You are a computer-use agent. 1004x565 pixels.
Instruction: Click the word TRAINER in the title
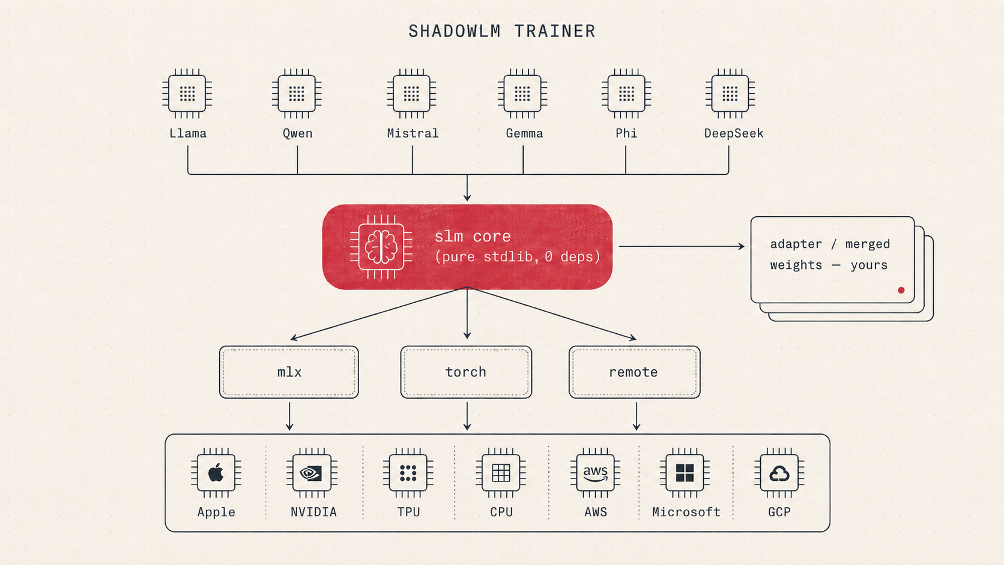555,31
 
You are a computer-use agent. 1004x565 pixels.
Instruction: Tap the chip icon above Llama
187,94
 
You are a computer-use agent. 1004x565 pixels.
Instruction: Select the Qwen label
298,133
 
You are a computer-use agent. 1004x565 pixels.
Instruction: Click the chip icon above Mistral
411,94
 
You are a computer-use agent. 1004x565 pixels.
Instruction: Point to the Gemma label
524,133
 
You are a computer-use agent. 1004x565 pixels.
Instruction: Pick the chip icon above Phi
626,94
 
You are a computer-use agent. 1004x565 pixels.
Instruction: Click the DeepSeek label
734,133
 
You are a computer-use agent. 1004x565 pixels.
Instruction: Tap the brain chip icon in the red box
381,247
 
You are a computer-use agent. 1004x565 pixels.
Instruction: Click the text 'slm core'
473,236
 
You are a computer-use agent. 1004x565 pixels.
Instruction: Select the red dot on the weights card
901,290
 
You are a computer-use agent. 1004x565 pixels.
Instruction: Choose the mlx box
289,372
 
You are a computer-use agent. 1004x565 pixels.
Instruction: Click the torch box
466,372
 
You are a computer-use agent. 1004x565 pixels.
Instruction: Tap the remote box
634,372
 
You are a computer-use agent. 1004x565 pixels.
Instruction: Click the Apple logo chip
216,473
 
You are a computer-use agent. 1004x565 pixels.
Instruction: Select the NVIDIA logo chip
312,473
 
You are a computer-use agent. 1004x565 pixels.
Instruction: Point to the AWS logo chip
595,473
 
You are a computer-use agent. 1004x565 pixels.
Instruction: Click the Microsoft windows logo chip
685,473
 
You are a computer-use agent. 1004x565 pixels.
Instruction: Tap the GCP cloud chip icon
779,473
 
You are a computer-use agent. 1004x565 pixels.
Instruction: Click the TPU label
408,512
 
